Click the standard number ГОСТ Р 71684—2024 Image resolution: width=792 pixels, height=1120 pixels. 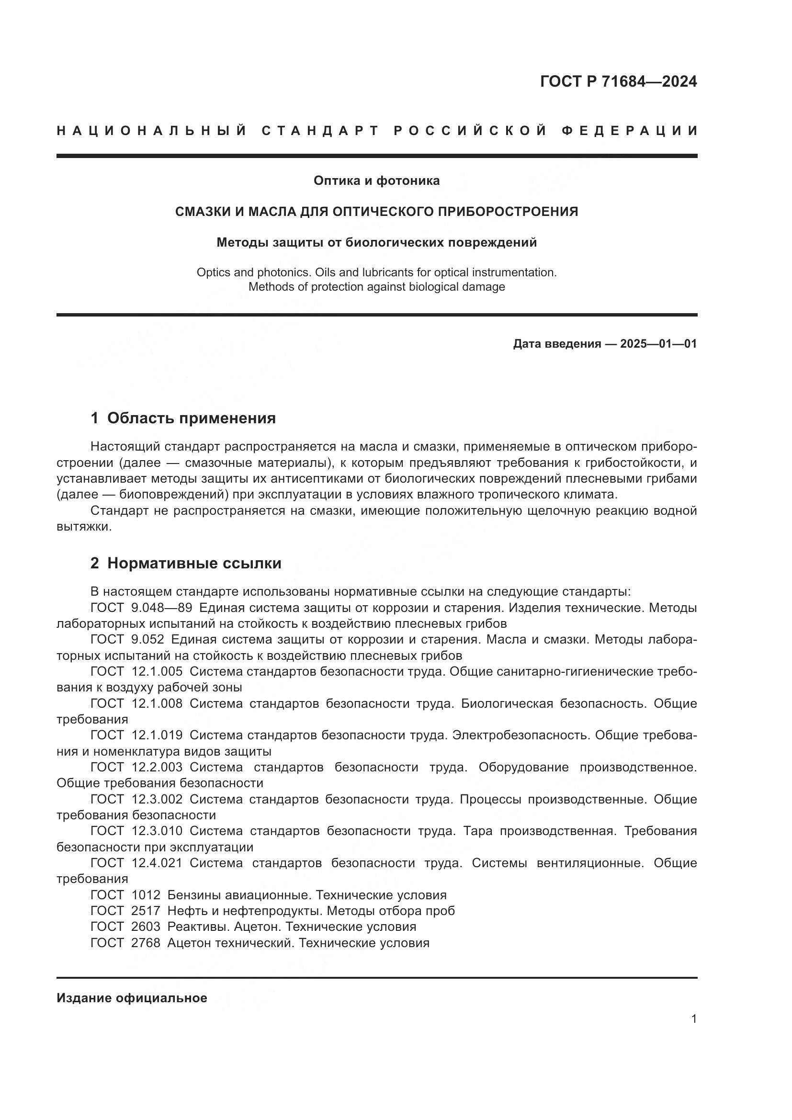(x=618, y=81)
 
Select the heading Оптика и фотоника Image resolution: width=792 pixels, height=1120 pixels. (x=376, y=181)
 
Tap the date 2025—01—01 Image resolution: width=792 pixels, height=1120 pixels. (x=658, y=344)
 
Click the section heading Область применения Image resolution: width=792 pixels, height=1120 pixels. (x=191, y=418)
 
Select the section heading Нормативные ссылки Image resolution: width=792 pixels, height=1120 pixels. (x=194, y=564)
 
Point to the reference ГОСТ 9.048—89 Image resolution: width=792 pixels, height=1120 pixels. (x=141, y=608)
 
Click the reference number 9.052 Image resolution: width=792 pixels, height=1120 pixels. (x=148, y=640)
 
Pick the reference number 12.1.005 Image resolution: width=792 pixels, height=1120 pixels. (x=157, y=672)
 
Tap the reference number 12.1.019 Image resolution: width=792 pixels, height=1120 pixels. (x=157, y=735)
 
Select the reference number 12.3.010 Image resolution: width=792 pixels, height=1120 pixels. (x=157, y=831)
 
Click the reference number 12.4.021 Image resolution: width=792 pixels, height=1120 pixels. (x=157, y=863)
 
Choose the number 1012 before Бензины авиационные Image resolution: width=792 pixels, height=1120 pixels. (x=146, y=895)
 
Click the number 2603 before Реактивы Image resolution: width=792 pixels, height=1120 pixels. (x=146, y=927)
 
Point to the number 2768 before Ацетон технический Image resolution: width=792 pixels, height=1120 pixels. (x=146, y=943)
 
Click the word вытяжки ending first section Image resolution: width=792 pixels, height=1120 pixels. (x=83, y=527)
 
